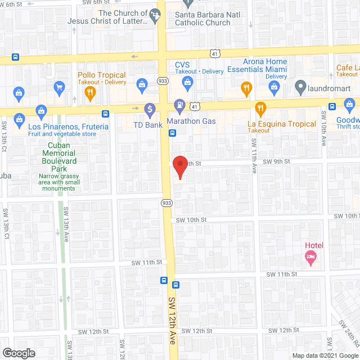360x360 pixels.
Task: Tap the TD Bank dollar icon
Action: pyautogui.click(x=150, y=109)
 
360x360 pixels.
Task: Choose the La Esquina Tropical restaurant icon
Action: pyautogui.click(x=260, y=108)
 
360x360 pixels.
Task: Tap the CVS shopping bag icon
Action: pyautogui.click(x=188, y=84)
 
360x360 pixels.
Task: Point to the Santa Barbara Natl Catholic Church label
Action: pyautogui.click(x=202, y=19)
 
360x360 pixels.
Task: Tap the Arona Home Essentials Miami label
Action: pyautogui.click(x=257, y=66)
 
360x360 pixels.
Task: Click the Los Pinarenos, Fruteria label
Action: pyautogui.click(x=69, y=127)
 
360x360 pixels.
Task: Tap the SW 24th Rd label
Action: pyautogui.click(x=349, y=334)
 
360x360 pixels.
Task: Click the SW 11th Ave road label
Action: pyautogui.click(x=254, y=159)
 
